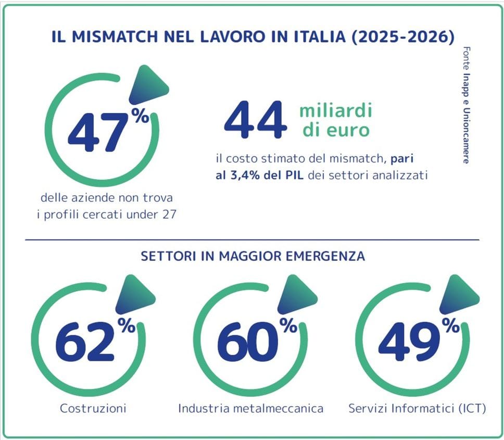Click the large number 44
click(255, 121)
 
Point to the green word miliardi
click(336, 110)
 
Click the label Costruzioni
click(93, 408)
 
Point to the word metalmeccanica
click(281, 408)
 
